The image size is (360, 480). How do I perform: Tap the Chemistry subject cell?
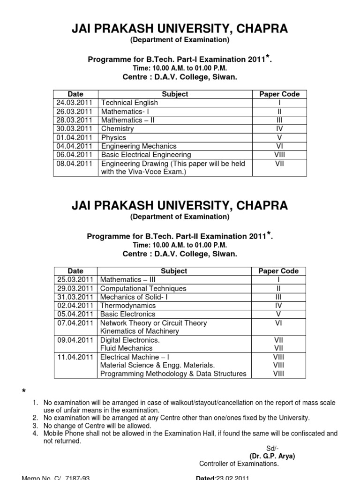pyautogui.click(x=117, y=129)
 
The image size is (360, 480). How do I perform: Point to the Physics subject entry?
pyautogui.click(x=113, y=138)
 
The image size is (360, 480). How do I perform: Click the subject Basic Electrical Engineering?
pyautogui.click(x=146, y=155)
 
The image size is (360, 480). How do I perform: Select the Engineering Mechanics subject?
pyautogui.click(x=139, y=146)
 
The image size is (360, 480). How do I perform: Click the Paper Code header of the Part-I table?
pyautogui.click(x=279, y=94)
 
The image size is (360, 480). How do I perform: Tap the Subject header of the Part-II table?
pyautogui.click(x=174, y=271)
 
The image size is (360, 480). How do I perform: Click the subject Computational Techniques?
pyautogui.click(x=143, y=289)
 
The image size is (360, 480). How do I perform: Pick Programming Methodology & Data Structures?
pyautogui.click(x=173, y=374)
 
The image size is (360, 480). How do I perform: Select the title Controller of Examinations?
pyautogui.click(x=239, y=464)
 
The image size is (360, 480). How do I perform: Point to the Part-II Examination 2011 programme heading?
pyautogui.click(x=180, y=237)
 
